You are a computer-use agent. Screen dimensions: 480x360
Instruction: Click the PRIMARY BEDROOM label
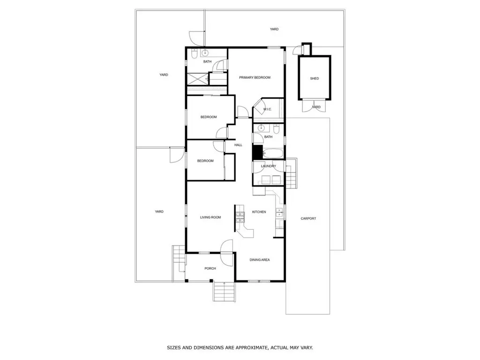[x=255, y=77]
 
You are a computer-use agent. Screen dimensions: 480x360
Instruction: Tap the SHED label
[x=315, y=78]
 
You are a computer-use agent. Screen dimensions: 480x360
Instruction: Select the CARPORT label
[x=308, y=218]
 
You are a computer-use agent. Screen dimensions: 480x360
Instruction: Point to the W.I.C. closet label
[x=267, y=109]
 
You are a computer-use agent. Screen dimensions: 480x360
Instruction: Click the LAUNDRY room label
[x=269, y=166]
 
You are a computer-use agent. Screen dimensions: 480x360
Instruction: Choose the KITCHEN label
[x=259, y=212]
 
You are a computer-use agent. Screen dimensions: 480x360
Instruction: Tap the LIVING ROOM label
[x=210, y=217]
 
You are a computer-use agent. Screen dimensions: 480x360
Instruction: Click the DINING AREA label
[x=260, y=260]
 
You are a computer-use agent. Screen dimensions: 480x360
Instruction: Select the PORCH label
[x=210, y=269]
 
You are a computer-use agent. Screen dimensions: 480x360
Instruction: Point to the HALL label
[x=238, y=145]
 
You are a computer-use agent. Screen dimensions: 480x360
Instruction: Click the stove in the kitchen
[x=240, y=217]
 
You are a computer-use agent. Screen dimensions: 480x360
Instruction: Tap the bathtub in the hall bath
[x=273, y=153]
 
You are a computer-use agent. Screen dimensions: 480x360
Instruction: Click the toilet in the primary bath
[x=194, y=54]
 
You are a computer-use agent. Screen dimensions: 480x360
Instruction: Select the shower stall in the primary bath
[x=197, y=79]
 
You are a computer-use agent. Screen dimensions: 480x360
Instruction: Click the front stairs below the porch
[x=225, y=292]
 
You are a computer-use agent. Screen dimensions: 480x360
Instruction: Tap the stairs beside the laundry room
[x=291, y=173]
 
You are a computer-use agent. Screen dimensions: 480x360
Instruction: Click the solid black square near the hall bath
[x=258, y=152]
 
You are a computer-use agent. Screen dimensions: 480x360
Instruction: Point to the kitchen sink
[x=279, y=212]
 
